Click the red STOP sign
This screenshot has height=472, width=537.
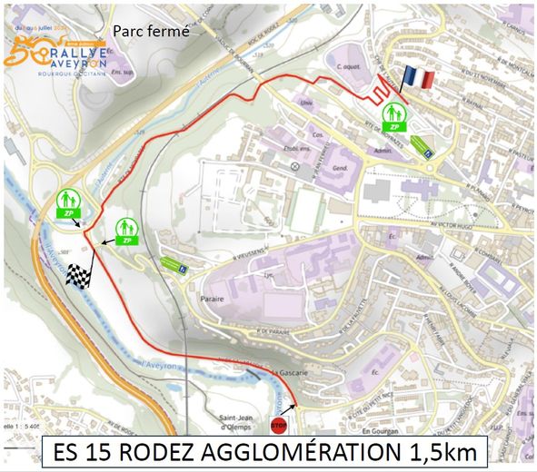279,426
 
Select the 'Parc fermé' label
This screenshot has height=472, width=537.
151,31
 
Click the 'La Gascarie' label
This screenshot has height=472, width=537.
262,371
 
